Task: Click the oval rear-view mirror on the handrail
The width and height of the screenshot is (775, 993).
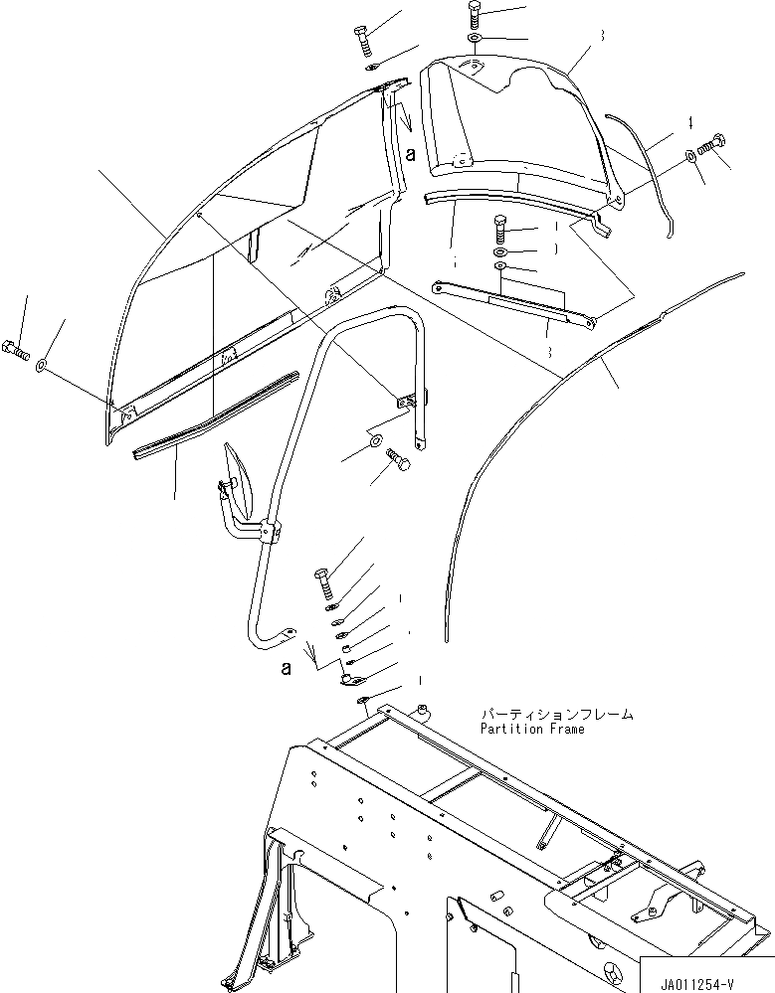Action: coord(242,474)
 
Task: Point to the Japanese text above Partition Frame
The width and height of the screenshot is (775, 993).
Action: coord(556,714)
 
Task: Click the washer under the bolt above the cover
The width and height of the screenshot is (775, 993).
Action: coord(475,39)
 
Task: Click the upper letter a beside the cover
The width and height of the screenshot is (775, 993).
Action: coord(411,151)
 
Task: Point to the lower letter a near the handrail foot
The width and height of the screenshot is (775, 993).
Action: coord(286,669)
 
